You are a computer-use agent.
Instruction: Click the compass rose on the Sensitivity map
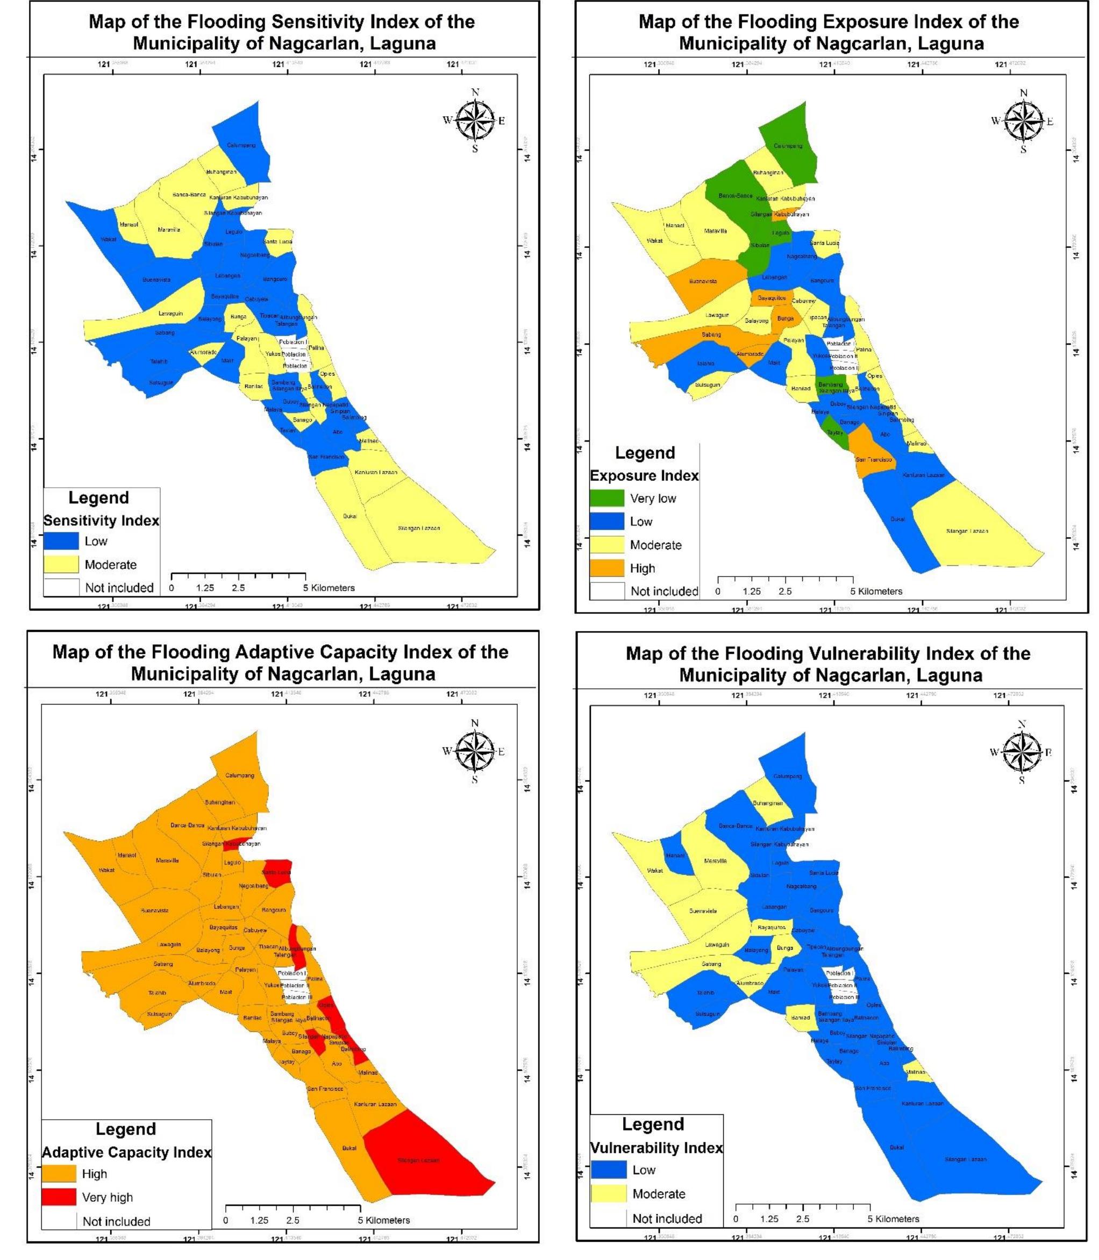pyautogui.click(x=475, y=119)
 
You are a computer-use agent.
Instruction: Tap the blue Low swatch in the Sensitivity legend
pyautogui.click(x=61, y=541)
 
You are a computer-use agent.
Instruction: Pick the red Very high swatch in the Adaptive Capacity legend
pyautogui.click(x=60, y=1197)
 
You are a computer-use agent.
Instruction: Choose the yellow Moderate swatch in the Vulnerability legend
pyautogui.click(x=609, y=1194)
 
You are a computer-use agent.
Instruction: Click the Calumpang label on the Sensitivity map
pyautogui.click(x=241, y=145)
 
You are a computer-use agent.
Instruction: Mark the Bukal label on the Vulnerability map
pyautogui.click(x=897, y=1147)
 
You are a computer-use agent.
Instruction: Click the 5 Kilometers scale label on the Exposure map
pyautogui.click(x=876, y=592)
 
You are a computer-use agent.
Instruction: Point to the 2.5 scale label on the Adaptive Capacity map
pyautogui.click(x=292, y=1220)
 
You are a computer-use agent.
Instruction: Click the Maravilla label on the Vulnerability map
pyautogui.click(x=715, y=860)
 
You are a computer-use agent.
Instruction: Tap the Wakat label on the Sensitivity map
pyautogui.click(x=109, y=239)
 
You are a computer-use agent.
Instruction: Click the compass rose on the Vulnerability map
pyautogui.click(x=1022, y=751)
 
